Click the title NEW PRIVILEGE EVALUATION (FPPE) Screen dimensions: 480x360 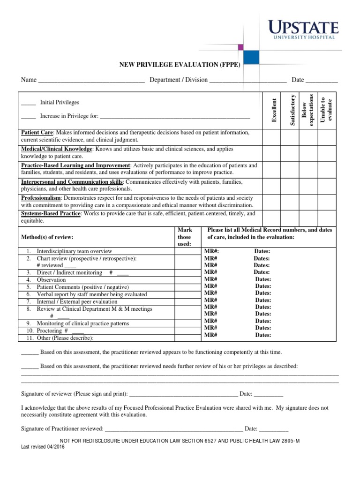pos(180,65)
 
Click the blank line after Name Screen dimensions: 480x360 pos(91,81)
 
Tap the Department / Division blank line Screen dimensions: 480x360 pos(247,81)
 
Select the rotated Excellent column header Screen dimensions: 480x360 pos(274,111)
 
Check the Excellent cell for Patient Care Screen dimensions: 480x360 pos(271,136)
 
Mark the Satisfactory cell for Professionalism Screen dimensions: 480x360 pos(290,202)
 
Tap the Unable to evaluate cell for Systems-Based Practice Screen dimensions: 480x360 pos(328,217)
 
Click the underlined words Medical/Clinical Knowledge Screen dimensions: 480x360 pos(56,149)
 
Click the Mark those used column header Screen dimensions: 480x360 pos(185,237)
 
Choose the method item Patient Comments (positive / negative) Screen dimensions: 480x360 pos(77,287)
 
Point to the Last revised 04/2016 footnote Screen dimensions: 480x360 pos(43,447)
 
